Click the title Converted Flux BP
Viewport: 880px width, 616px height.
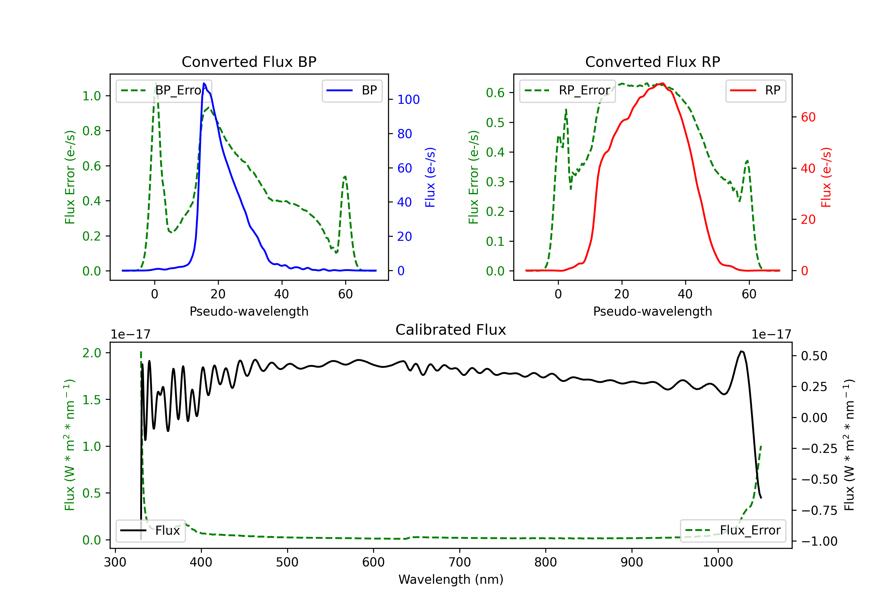pyautogui.click(x=249, y=62)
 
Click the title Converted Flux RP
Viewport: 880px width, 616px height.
pyautogui.click(x=652, y=62)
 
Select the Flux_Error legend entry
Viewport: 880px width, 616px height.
pyautogui.click(x=733, y=531)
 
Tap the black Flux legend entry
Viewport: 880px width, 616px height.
pyautogui.click(x=150, y=531)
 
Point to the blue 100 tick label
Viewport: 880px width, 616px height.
pyautogui.click(x=409, y=100)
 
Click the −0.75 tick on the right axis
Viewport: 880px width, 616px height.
pyautogui.click(x=819, y=511)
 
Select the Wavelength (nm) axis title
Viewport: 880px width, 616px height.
pyautogui.click(x=451, y=579)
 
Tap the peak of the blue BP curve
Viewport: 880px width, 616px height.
pyautogui.click(x=204, y=83)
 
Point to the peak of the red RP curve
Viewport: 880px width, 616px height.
pyautogui.click(x=663, y=83)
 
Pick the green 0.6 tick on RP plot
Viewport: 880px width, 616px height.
pyautogui.click(x=495, y=92)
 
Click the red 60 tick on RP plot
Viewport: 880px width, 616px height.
pyautogui.click(x=808, y=117)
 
